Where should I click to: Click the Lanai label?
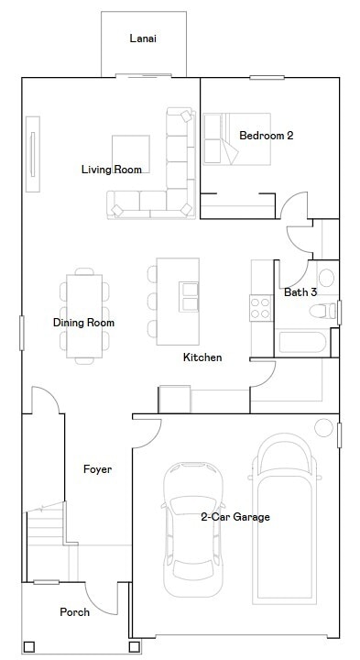coord(143,38)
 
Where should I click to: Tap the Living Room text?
coord(112,170)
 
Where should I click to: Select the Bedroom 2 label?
coord(266,136)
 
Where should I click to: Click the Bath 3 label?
coord(300,292)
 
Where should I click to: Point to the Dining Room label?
coord(83,323)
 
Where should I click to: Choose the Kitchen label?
coord(202,357)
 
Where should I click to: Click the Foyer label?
coord(97,469)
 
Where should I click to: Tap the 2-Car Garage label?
coord(235,517)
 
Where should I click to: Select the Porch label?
coord(74,611)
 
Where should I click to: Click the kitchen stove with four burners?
coord(260,307)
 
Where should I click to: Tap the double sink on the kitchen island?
coord(190,297)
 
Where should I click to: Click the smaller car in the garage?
coord(192,527)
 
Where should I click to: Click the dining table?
coord(83,312)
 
